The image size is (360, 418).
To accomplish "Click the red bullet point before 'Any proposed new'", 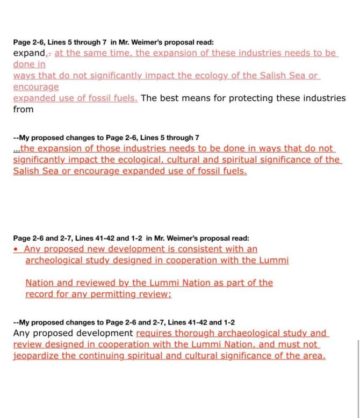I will click(16, 249).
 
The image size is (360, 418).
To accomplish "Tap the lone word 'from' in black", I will click(23, 110).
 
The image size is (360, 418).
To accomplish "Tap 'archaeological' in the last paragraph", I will click(239, 333).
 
